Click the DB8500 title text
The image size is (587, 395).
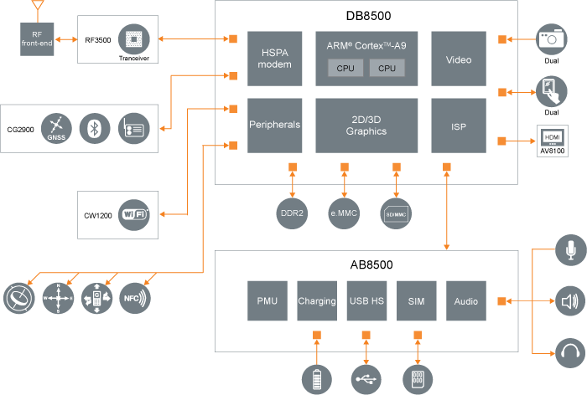[369, 15]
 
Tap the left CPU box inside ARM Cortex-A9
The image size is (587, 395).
[345, 69]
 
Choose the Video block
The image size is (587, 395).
[459, 59]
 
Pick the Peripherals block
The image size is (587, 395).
[274, 125]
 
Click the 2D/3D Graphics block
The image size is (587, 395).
[366, 126]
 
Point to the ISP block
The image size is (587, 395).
[459, 126]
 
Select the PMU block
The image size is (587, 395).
[268, 301]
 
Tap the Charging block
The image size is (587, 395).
[317, 301]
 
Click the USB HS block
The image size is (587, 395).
[366, 301]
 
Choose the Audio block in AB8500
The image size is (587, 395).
[466, 301]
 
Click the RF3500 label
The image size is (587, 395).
[97, 38]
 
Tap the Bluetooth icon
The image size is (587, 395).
[95, 128]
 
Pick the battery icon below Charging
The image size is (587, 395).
[317, 378]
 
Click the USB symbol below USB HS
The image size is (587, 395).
[366, 379]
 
